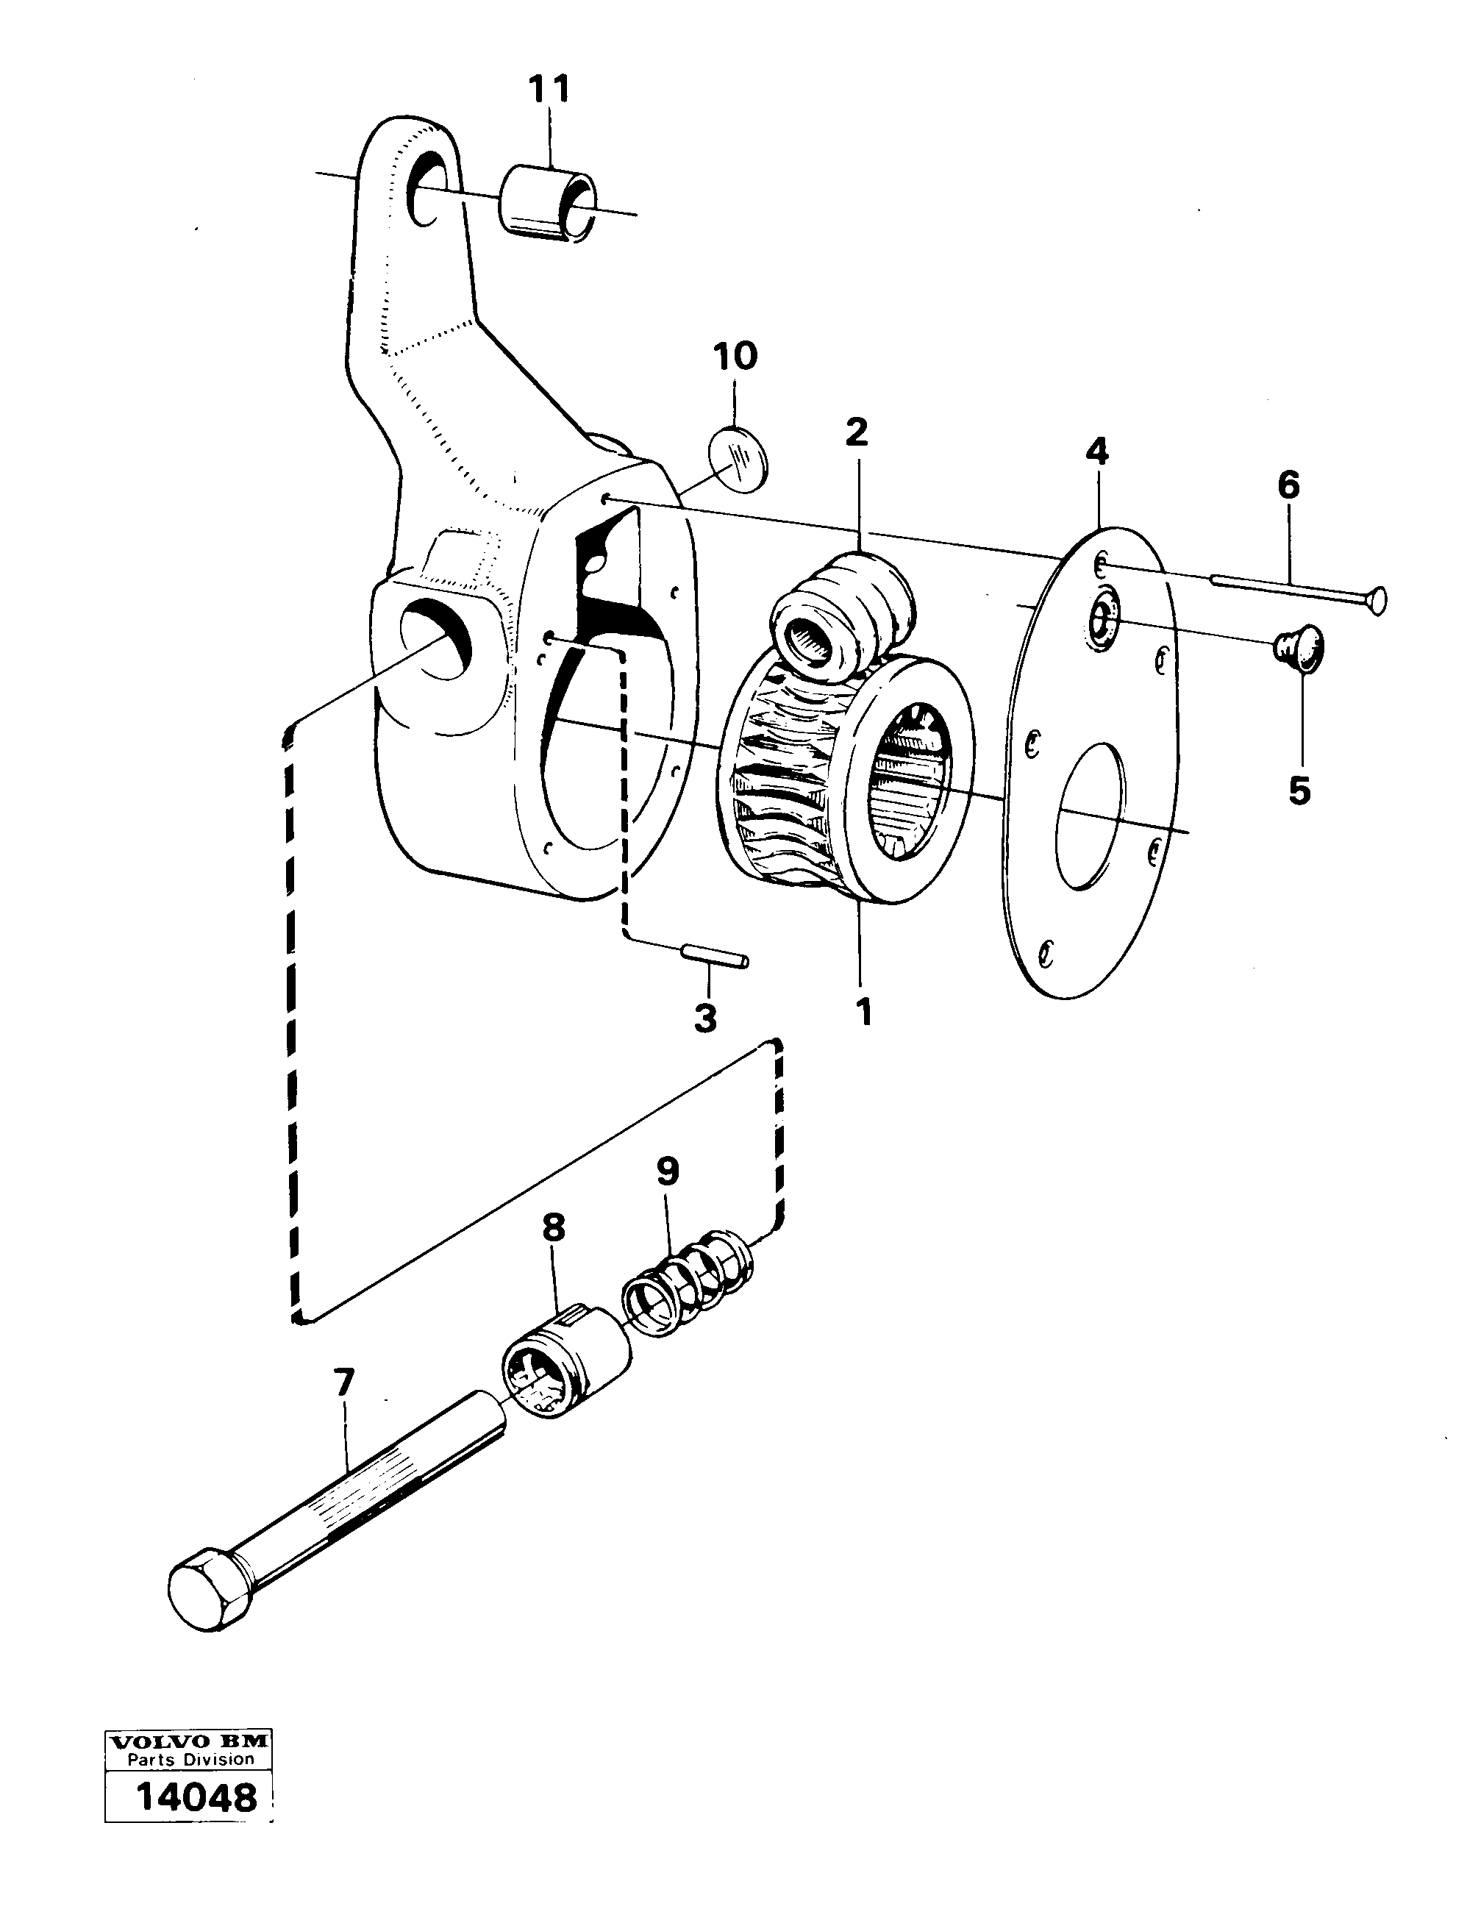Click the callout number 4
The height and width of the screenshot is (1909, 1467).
tap(1097, 452)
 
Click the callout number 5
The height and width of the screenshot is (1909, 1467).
tap(1299, 791)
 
